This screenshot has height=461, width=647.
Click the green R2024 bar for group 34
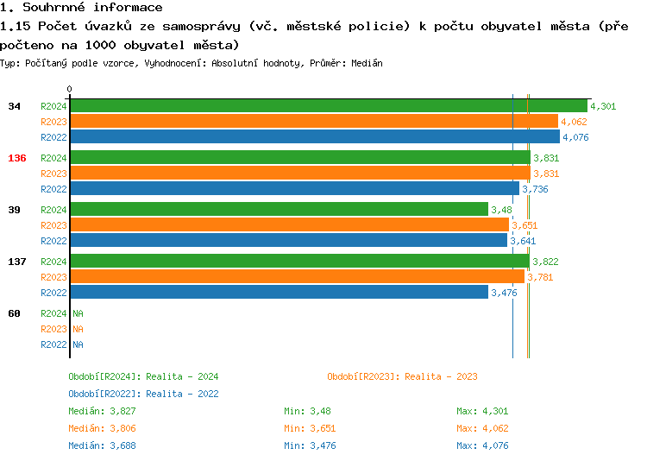[x=328, y=106]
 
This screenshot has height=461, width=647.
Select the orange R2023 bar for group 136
[x=299, y=174]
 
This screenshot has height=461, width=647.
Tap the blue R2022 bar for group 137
[x=279, y=293]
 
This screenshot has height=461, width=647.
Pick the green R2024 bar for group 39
[x=279, y=210]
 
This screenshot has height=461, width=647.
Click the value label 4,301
[x=602, y=106]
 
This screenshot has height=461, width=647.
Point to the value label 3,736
[x=535, y=189]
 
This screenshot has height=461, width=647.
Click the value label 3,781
[x=540, y=277]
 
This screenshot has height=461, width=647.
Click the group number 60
[x=14, y=313]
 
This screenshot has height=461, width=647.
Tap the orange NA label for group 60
[x=78, y=329]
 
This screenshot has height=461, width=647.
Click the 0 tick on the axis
[x=70, y=89]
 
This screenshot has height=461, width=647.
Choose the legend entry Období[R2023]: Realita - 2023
[x=402, y=376]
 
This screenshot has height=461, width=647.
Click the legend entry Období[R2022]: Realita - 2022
[x=143, y=394]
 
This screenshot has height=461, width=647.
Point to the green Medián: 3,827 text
[x=102, y=411]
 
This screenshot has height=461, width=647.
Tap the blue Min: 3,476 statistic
[x=311, y=445]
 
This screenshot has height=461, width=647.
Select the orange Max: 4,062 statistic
[x=485, y=428]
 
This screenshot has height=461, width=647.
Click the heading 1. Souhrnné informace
[x=82, y=8]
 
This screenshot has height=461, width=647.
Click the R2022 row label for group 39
[x=53, y=241]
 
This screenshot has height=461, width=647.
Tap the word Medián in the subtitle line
[x=367, y=63]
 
